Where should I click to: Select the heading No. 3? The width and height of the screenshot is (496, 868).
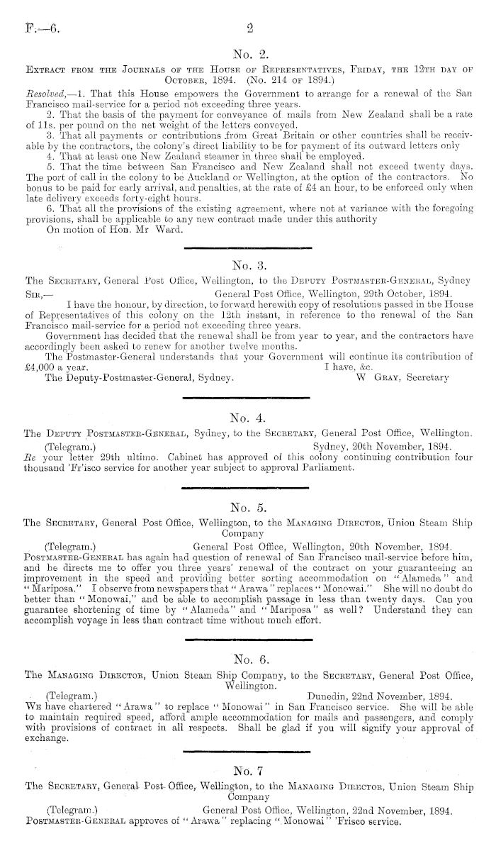[x=247, y=265]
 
